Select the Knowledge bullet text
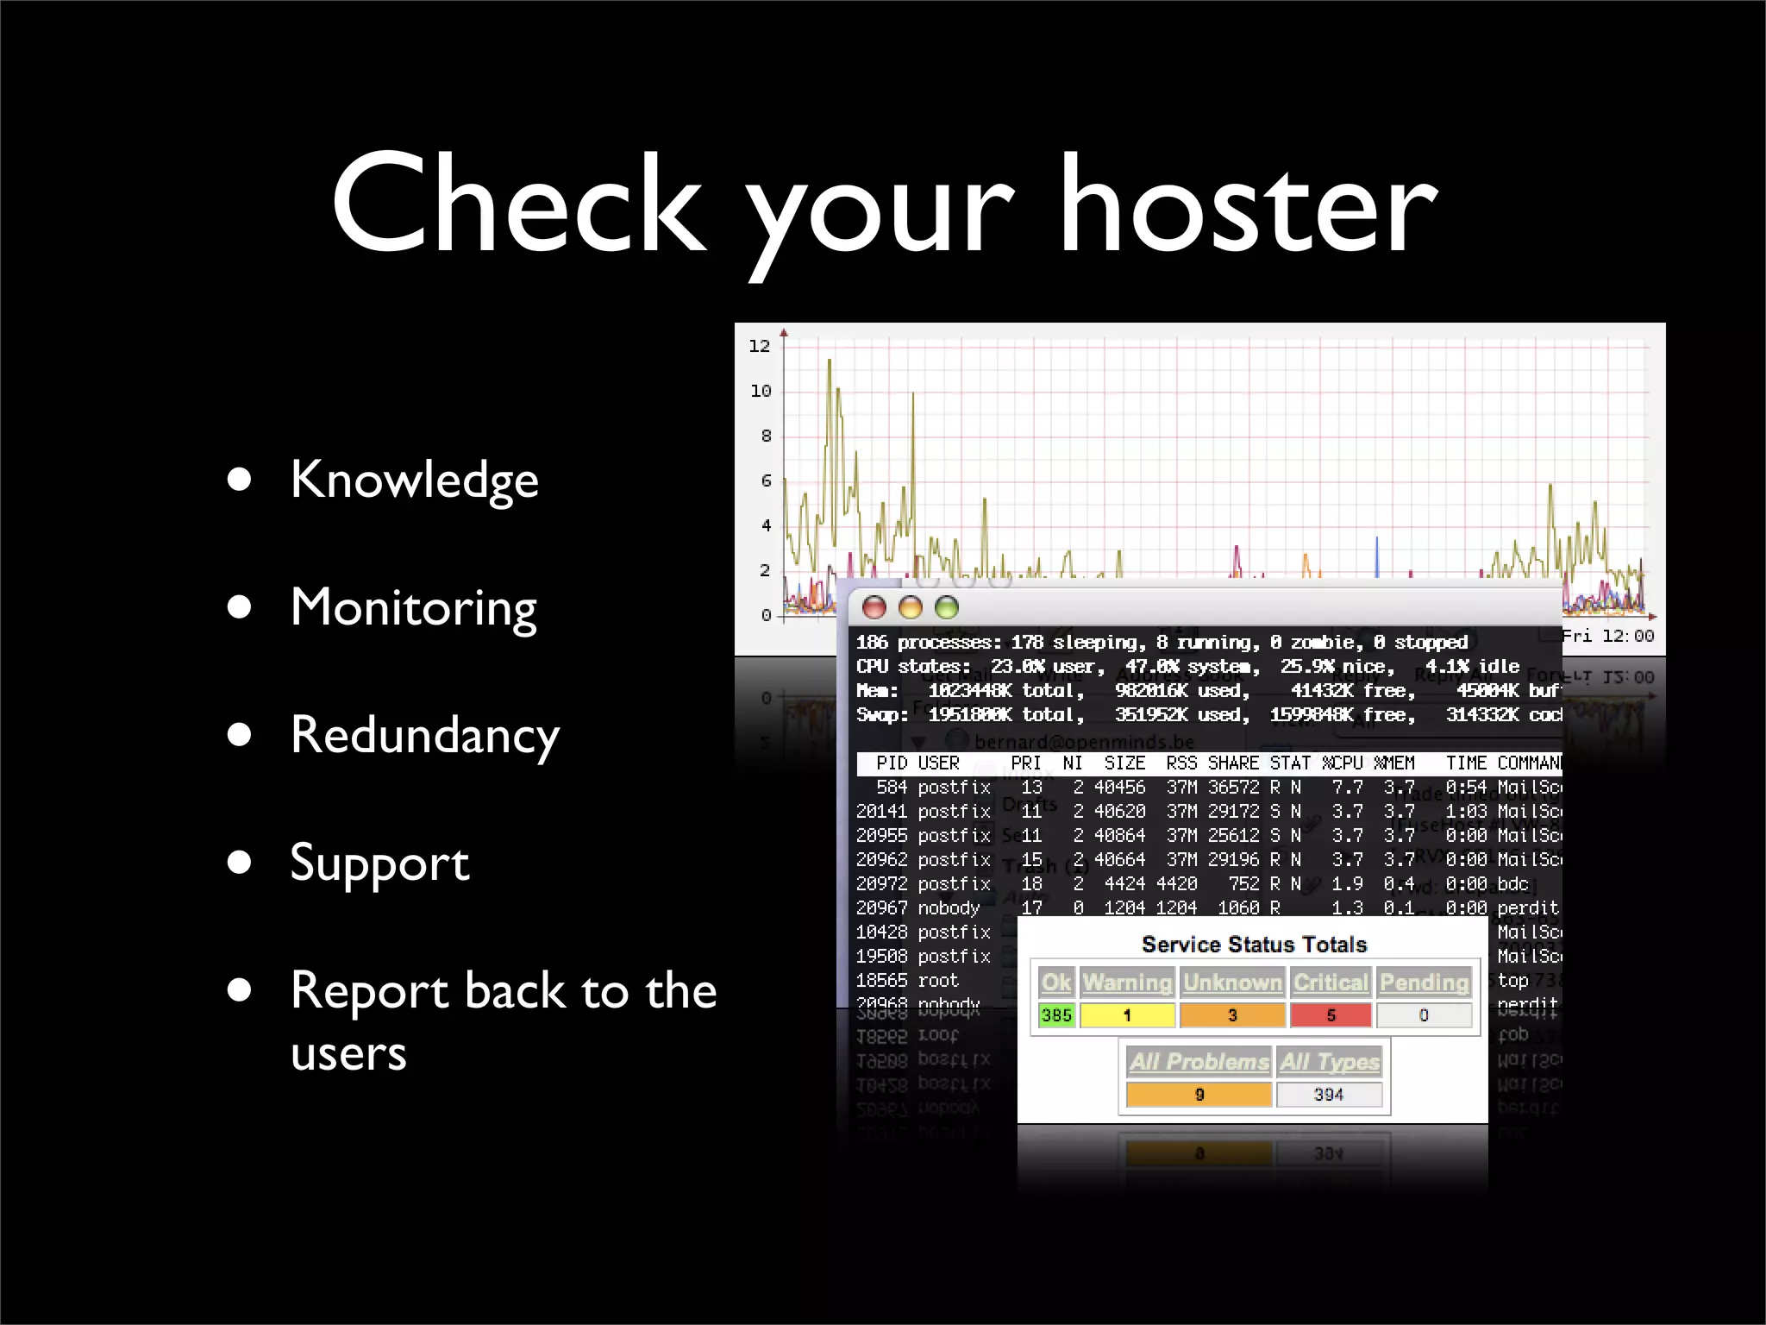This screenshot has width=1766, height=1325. [x=414, y=480]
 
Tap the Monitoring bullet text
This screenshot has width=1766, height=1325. [x=414, y=607]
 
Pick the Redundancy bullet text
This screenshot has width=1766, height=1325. [x=424, y=735]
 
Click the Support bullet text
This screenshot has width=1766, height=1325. [x=379, y=863]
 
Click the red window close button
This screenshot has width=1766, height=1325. [x=874, y=608]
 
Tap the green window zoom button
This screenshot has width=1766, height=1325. [x=947, y=608]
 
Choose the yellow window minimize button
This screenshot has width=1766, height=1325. [x=911, y=608]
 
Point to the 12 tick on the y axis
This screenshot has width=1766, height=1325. [x=759, y=346]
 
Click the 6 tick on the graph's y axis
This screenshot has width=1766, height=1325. [x=766, y=480]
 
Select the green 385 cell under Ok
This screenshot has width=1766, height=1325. [x=1056, y=1015]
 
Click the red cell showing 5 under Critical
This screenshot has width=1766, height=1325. [x=1331, y=1015]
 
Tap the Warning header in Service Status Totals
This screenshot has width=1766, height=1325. [x=1127, y=983]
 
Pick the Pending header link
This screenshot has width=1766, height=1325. [x=1424, y=983]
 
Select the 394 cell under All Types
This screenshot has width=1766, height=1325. [x=1329, y=1095]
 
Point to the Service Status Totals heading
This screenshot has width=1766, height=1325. [x=1254, y=945]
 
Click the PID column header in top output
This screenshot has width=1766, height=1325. [x=892, y=763]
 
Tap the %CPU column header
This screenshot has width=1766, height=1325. [x=1343, y=763]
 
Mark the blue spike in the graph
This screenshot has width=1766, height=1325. [x=1376, y=556]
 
